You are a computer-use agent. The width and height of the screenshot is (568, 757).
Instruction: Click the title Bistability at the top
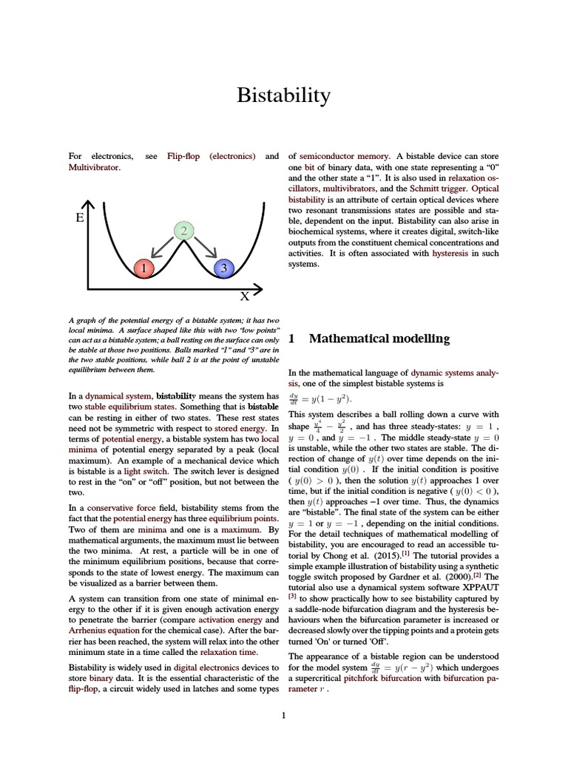click(x=283, y=95)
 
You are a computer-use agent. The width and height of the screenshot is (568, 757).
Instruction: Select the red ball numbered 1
click(x=143, y=268)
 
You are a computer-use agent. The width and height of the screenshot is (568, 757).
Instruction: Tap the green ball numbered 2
click(x=183, y=231)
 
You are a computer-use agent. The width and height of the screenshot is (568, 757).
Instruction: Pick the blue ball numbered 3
click(x=223, y=268)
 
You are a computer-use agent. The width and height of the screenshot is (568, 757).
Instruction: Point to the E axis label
click(x=79, y=219)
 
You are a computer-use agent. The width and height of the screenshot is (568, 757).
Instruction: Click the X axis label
click(x=244, y=296)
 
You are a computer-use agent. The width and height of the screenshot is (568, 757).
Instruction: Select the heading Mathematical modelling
click(x=379, y=339)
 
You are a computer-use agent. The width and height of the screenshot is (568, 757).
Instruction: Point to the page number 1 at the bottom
click(x=283, y=715)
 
